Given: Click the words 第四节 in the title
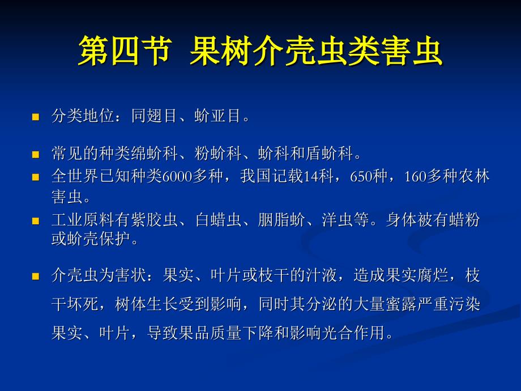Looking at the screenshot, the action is point(126,50).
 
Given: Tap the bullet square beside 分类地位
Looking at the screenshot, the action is point(36,117).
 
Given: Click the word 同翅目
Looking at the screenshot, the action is point(154,116).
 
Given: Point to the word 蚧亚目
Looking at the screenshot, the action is point(218,116).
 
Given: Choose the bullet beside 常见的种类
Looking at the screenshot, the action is point(36,155).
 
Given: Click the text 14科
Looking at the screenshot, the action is point(319,176).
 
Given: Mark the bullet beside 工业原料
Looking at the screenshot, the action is point(36,222).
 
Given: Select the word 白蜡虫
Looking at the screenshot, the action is point(218,220).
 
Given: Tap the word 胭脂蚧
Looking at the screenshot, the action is point(281,220).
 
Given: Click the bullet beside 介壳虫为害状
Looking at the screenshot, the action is point(36,277).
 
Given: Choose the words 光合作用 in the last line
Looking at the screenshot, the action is point(353,333).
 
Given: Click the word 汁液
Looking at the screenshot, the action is point(321,275).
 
